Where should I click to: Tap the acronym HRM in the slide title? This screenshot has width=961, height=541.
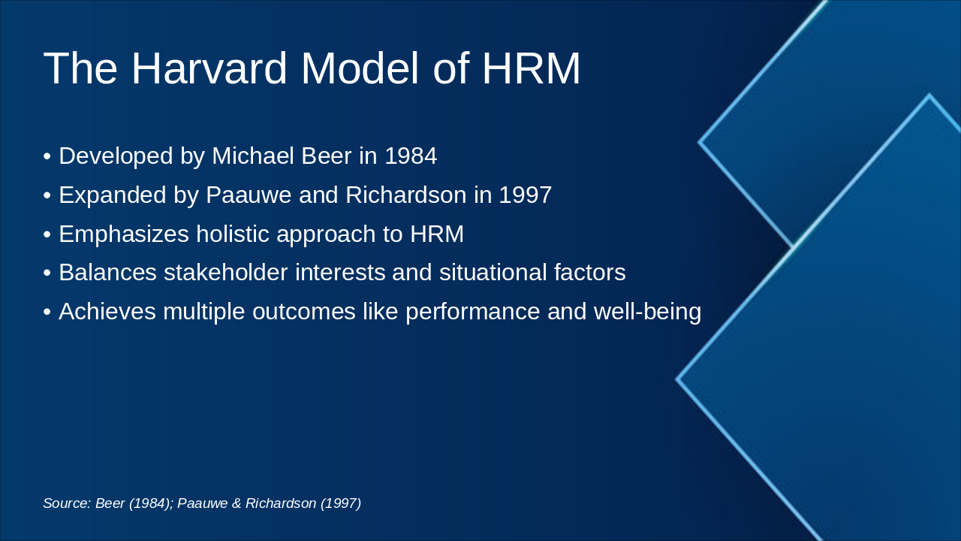point(531,68)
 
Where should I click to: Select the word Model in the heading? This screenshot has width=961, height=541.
point(360,68)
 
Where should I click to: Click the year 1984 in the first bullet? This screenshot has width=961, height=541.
point(411,156)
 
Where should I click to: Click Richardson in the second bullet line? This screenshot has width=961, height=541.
point(405,195)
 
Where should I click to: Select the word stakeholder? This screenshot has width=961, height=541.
point(226,273)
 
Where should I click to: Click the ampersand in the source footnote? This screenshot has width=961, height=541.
point(237,503)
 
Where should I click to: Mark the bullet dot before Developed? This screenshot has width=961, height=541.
point(47,157)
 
